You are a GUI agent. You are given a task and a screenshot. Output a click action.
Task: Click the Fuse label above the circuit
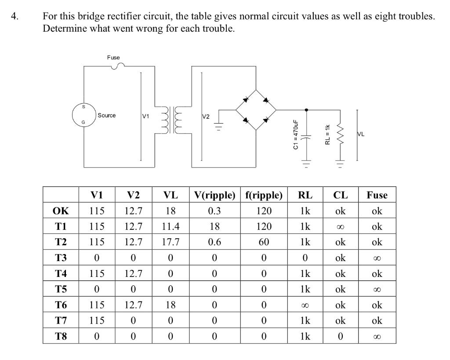coord(113,58)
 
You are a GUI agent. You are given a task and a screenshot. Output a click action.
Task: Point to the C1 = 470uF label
coord(296,135)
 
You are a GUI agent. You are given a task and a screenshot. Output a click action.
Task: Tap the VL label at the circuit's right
coord(361,135)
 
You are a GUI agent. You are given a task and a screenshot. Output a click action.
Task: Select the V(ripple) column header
coord(214,195)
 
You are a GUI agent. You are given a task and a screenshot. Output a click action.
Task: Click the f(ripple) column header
coord(264,195)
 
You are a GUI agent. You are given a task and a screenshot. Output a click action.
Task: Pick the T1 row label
coord(61,226)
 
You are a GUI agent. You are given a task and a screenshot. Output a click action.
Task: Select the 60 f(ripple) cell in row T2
coord(264,242)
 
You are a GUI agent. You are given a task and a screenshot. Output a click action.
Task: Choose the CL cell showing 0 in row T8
coord(340,336)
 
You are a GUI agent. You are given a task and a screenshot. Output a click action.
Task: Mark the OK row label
coord(61,211)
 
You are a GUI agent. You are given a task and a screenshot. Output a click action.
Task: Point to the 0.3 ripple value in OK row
coord(214,211)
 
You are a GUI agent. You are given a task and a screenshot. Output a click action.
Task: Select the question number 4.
coord(15,16)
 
